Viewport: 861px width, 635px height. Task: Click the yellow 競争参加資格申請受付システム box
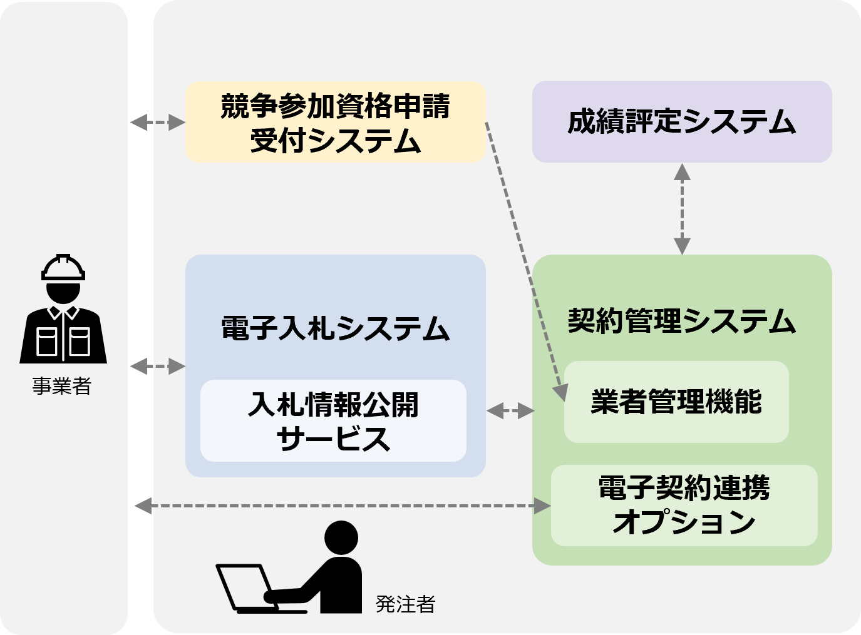tap(335, 122)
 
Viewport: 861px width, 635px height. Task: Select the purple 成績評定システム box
tap(681, 121)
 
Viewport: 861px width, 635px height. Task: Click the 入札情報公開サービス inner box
tap(333, 421)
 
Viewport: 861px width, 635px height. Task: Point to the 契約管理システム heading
tap(681, 321)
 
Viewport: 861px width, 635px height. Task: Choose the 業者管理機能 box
tap(676, 402)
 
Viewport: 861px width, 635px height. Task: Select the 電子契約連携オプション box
tap(684, 505)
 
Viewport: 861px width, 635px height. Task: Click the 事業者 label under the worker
tap(62, 386)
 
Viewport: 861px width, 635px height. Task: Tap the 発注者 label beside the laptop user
tap(405, 604)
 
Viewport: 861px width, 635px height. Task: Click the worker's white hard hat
tap(63, 268)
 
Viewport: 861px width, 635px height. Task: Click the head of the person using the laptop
tap(341, 537)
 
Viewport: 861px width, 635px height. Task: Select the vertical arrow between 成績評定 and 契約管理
tap(682, 209)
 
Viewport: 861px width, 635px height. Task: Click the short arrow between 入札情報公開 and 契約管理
tap(510, 411)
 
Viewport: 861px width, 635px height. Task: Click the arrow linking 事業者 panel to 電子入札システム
tap(157, 366)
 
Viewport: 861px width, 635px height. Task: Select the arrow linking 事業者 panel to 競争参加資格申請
tap(157, 122)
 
